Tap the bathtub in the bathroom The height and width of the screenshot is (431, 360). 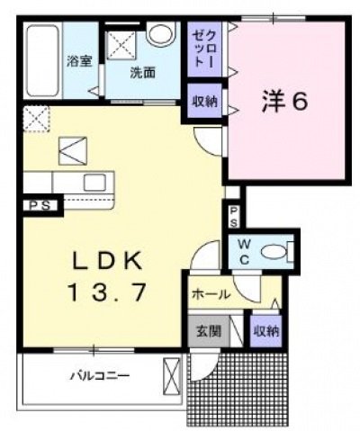coord(40,63)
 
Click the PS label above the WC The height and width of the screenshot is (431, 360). coord(232,216)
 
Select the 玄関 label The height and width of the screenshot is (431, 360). coord(208,331)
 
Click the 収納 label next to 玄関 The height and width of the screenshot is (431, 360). coord(265,331)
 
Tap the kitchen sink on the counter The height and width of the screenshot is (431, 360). coord(94,181)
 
